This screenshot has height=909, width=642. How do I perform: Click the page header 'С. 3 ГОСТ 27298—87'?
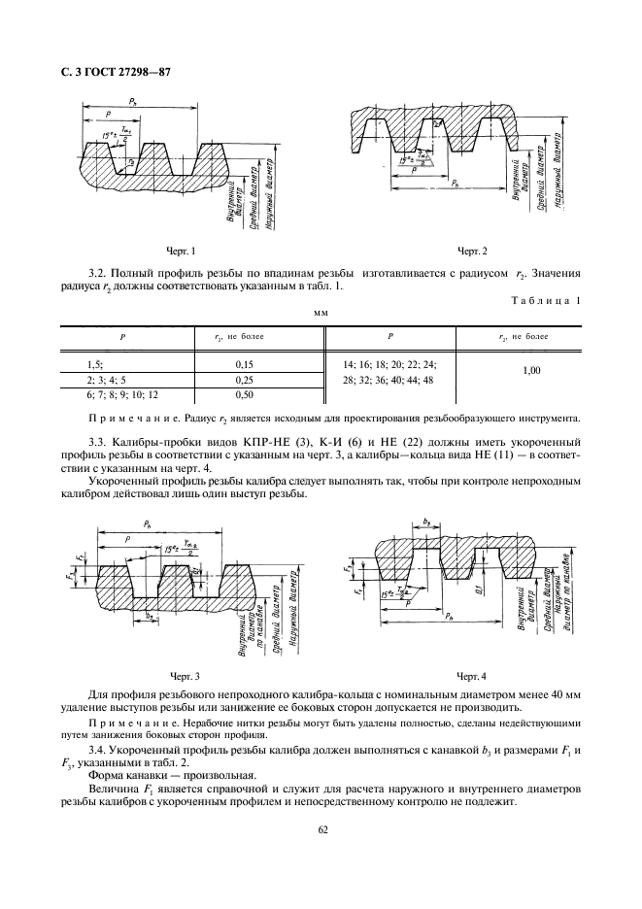(115, 74)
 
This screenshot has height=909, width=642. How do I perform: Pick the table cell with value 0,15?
(245, 364)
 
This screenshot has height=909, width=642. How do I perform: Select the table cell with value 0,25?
(245, 380)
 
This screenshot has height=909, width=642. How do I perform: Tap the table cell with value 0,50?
(245, 395)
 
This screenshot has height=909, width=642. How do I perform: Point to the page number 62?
(321, 830)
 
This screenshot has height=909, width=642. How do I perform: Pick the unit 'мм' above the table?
(321, 314)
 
